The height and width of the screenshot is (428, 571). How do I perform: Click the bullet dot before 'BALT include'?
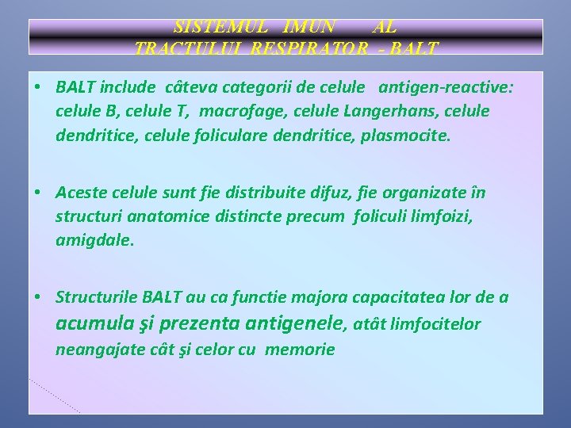click(39, 88)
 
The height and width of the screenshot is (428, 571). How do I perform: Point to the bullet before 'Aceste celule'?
click(39, 193)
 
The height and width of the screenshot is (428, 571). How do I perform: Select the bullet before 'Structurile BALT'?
click(39, 297)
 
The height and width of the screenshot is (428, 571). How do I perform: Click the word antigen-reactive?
click(445, 88)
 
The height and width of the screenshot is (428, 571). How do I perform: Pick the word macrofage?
click(236, 112)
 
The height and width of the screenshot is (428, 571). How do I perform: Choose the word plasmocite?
click(404, 136)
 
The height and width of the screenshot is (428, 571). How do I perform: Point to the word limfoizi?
click(439, 216)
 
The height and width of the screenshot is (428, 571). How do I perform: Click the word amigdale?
click(94, 240)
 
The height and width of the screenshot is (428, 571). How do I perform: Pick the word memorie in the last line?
click(301, 350)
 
